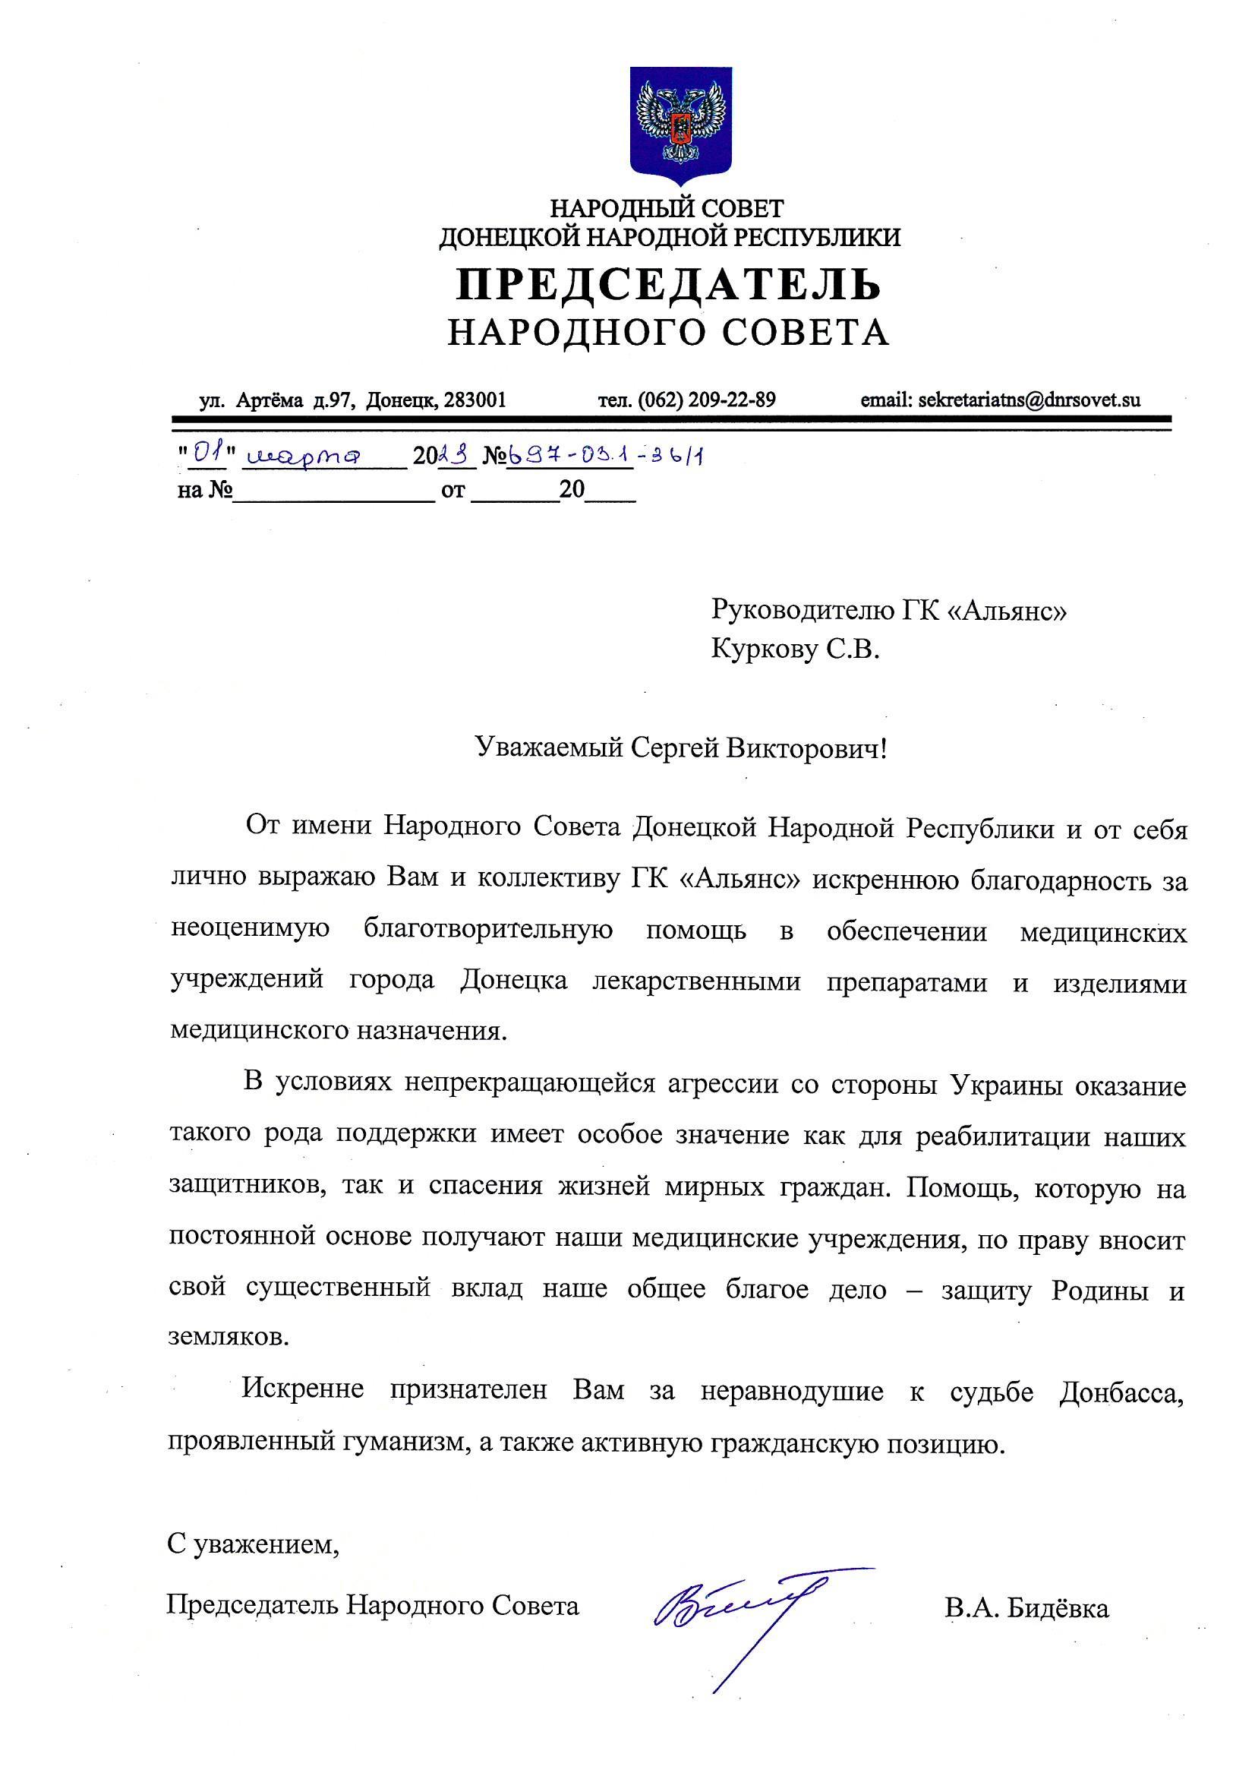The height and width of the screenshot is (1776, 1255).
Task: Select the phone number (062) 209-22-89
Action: click(708, 400)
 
